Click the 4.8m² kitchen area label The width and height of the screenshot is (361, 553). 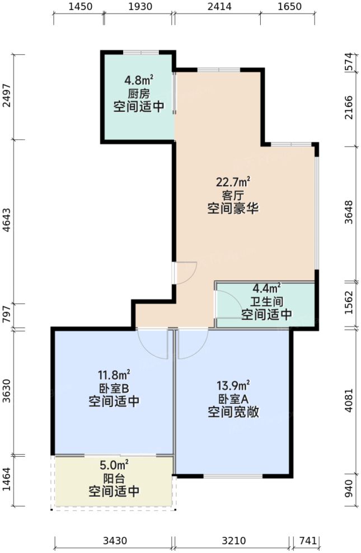point(139,80)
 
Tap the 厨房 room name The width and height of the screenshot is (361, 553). point(139,93)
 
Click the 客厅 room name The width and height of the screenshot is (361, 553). point(233,196)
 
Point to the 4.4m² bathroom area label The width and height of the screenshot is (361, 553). point(266,289)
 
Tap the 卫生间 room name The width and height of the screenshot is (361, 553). point(266,302)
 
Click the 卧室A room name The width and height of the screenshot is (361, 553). point(233,399)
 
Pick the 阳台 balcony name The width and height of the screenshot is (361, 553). point(114,479)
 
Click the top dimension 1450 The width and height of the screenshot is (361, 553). point(78,7)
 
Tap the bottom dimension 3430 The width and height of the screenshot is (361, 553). point(114,541)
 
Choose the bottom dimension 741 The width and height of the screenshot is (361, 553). point(308,541)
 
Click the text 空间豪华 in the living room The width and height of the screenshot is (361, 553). point(233,209)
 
